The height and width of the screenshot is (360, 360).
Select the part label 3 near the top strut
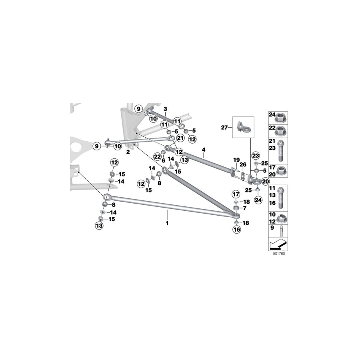tap(164, 109)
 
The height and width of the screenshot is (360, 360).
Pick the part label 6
tap(163, 160)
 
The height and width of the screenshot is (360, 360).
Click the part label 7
tap(245, 208)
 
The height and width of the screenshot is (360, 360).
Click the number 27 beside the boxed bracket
tap(224, 128)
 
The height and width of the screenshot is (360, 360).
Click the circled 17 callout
tap(236, 194)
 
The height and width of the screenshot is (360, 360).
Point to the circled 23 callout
tap(256, 156)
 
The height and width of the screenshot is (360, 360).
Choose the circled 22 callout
tap(157, 156)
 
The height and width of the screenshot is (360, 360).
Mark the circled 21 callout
tap(180, 138)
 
